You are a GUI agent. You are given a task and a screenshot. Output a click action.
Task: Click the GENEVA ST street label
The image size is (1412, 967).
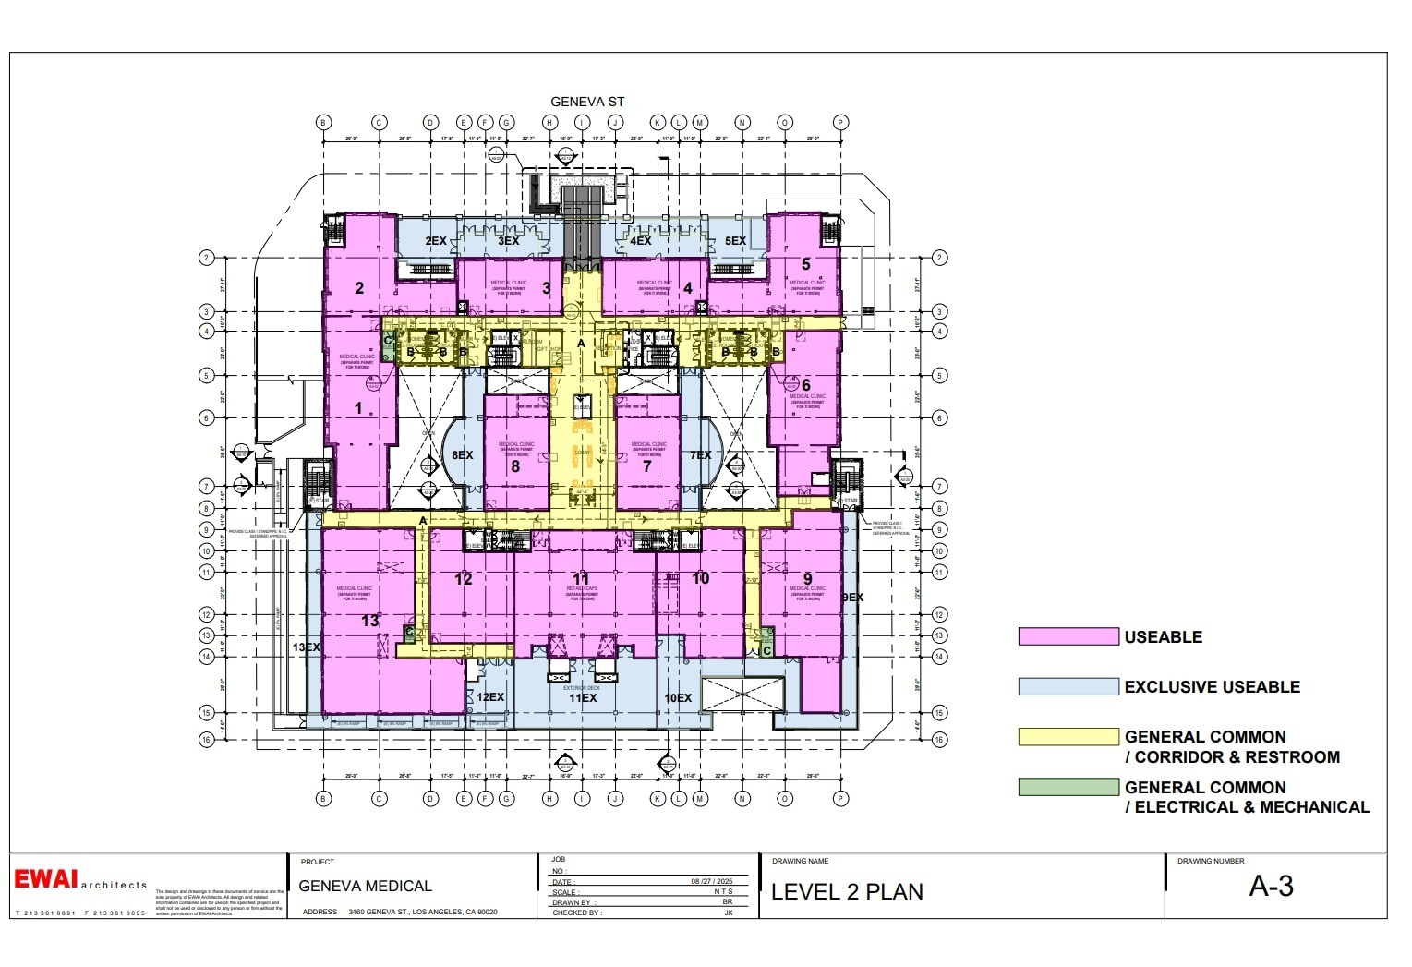(x=587, y=102)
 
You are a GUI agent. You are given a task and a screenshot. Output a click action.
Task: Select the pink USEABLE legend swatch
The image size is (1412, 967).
(x=1068, y=636)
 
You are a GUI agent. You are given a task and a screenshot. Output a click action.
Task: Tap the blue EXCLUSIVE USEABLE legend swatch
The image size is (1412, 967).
(x=1068, y=686)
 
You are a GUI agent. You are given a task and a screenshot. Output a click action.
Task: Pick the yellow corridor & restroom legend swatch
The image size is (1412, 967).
(x=1068, y=737)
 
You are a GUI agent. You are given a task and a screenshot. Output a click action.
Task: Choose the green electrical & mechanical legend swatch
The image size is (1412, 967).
(x=1068, y=787)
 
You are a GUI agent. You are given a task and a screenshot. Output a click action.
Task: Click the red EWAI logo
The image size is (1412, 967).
(x=46, y=879)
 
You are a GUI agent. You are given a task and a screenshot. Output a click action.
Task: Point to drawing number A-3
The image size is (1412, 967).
(x=1271, y=887)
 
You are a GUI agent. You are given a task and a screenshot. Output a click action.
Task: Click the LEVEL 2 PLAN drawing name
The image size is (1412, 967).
(x=847, y=892)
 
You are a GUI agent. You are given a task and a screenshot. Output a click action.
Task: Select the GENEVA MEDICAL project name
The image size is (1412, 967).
(x=366, y=887)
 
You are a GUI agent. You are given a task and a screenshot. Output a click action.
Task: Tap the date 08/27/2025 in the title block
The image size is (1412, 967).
(x=711, y=881)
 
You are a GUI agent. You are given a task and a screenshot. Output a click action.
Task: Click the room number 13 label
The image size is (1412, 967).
(x=370, y=621)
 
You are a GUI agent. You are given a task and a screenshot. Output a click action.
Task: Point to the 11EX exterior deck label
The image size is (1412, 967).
(x=583, y=698)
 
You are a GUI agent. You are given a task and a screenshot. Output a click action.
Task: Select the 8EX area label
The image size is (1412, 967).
(x=462, y=455)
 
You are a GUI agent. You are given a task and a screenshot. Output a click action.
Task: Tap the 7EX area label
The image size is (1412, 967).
(x=700, y=455)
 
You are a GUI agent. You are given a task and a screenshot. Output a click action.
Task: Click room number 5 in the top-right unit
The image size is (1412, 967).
(x=805, y=265)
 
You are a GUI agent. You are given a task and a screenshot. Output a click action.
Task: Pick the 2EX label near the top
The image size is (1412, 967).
(x=436, y=241)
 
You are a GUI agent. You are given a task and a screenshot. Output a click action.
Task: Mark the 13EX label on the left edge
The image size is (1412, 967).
(x=306, y=647)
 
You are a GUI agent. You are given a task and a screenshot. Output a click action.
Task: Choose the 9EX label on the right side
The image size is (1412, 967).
(x=852, y=598)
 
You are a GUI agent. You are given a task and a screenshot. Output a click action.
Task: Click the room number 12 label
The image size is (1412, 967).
(x=464, y=579)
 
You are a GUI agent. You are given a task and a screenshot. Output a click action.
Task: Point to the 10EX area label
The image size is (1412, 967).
(x=678, y=698)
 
